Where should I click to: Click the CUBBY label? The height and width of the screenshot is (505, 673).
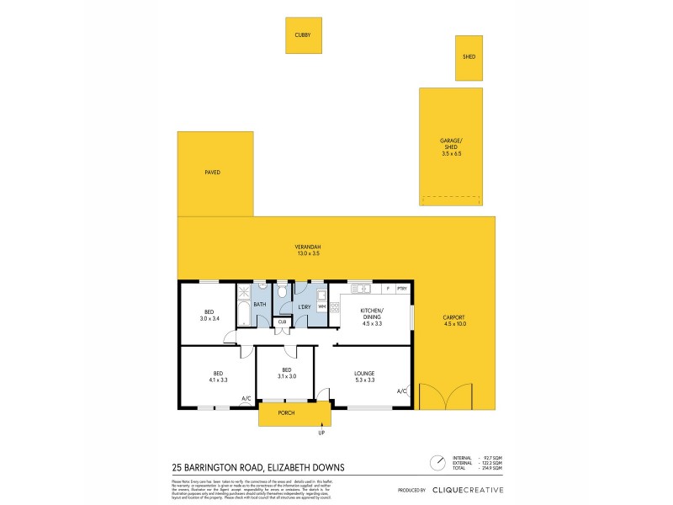[302, 35]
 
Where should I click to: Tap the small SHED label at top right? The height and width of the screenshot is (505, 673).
[469, 56]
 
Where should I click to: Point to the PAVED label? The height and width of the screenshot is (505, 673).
[212, 172]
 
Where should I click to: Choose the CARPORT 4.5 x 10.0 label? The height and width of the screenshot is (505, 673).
[453, 321]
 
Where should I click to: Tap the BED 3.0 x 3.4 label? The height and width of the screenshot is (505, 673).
[209, 315]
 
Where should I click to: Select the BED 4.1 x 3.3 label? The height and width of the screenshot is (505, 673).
[217, 376]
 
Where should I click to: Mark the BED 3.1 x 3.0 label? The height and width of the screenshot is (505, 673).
[287, 373]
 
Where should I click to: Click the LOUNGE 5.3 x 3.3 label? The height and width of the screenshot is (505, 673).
[364, 376]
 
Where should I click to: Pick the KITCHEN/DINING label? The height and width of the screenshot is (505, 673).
[370, 312]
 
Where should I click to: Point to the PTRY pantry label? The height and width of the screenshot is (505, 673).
[402, 290]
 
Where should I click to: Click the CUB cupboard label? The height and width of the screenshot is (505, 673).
[282, 322]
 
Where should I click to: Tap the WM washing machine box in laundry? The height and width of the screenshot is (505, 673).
[321, 306]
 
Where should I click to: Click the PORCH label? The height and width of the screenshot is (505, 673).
[286, 413]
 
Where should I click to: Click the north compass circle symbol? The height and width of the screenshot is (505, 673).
[437, 463]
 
